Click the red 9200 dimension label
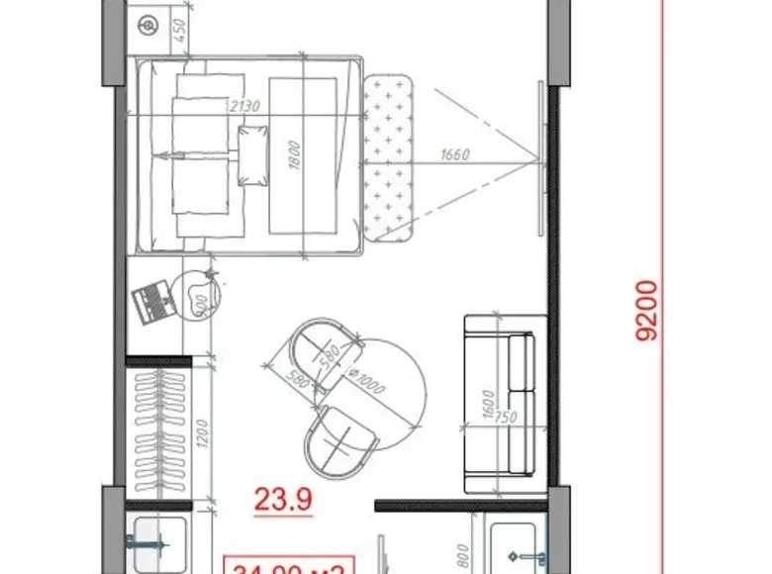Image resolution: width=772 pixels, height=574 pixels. [x=649, y=310]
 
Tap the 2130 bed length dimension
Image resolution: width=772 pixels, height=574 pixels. [x=242, y=106]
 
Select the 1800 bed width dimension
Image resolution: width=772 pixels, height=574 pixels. [x=294, y=155]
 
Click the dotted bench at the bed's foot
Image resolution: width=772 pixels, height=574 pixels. [x=387, y=156]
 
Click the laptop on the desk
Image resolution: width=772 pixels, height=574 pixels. [x=151, y=298]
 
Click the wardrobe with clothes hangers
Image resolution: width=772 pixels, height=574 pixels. [x=158, y=431]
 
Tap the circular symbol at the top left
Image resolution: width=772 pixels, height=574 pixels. [x=148, y=24]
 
